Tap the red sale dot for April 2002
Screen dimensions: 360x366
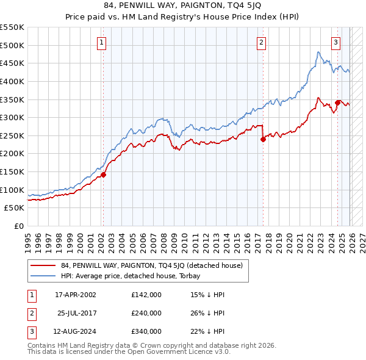click(104, 175)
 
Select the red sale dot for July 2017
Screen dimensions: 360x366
click(263, 139)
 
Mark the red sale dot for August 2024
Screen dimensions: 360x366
click(337, 103)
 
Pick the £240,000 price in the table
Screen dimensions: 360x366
click(146, 313)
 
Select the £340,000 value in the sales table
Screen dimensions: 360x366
click(146, 331)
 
